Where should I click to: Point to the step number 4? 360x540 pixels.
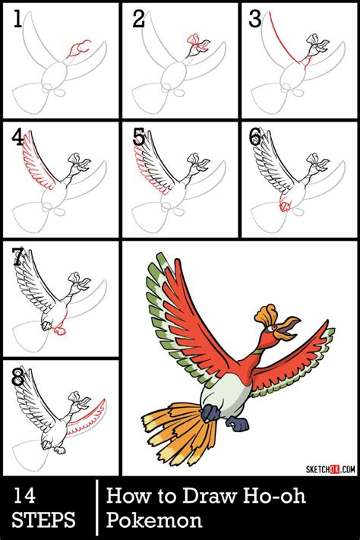coord(17,137)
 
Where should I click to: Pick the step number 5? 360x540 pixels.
coord(137,137)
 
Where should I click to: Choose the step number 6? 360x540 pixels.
coord(255,137)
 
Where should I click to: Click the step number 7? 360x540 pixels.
coord(17,257)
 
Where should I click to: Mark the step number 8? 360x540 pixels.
coord(17,376)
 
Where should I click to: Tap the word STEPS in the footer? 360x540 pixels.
coord(43,521)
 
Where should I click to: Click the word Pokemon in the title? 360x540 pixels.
coord(154,521)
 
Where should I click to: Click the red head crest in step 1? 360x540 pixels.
coord(75,52)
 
